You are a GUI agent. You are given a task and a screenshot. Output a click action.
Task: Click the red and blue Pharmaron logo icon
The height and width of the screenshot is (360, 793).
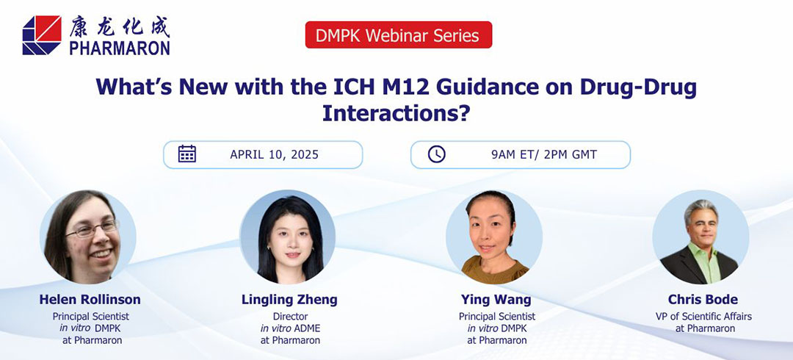pos(42,35)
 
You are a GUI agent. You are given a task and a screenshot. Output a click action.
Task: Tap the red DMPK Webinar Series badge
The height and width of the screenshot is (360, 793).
pos(398,35)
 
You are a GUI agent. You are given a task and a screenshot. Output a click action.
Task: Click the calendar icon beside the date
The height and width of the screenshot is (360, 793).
pos(187,154)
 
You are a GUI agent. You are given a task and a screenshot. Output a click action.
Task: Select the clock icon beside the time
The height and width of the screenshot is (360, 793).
pos(437,154)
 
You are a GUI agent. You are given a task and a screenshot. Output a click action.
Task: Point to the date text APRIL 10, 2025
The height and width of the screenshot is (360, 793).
pos(274,155)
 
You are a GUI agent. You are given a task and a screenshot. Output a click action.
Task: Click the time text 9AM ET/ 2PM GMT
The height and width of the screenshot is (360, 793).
pos(543,155)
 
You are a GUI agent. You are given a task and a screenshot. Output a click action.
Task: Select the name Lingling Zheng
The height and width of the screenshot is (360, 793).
pos(289,300)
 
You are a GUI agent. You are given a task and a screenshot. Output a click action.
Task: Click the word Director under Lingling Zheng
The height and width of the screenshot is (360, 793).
pos(290,317)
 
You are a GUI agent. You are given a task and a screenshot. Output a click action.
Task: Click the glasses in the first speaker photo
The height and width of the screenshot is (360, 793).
pos(91,229)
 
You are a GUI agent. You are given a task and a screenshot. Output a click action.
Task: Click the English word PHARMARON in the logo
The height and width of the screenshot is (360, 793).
pos(120,48)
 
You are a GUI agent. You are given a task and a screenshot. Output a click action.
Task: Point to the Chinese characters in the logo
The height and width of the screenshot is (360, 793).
pos(120,26)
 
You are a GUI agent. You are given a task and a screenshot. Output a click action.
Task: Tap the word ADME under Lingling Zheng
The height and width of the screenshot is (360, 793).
pos(308,328)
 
